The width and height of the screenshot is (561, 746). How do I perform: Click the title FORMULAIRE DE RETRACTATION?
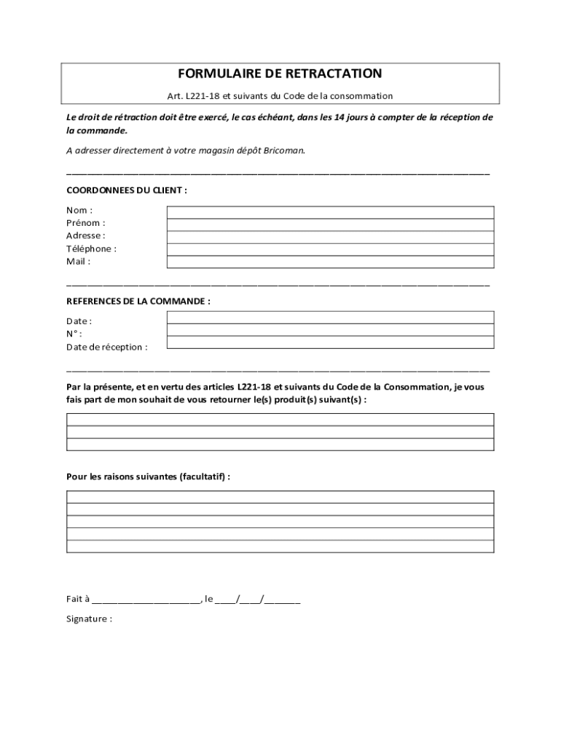pyautogui.click(x=280, y=74)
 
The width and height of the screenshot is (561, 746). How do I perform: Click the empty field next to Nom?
pyautogui.click(x=330, y=212)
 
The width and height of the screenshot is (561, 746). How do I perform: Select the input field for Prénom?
pyautogui.click(x=330, y=224)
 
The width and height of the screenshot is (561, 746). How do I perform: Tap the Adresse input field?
pyautogui.click(x=330, y=237)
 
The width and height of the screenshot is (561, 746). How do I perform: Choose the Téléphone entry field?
pyautogui.click(x=330, y=249)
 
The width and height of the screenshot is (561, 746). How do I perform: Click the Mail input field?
pyautogui.click(x=330, y=262)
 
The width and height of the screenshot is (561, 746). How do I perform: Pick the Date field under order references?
pyautogui.click(x=330, y=318)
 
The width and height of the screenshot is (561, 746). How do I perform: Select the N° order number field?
pyautogui.click(x=330, y=330)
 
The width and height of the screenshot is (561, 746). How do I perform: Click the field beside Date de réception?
pyautogui.click(x=330, y=342)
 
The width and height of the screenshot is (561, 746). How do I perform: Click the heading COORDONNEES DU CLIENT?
pyautogui.click(x=127, y=190)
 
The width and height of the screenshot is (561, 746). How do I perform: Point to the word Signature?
pyautogui.click(x=87, y=619)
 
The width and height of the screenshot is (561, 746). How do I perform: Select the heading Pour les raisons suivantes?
pyautogui.click(x=148, y=476)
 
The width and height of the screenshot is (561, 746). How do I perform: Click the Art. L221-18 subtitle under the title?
pyautogui.click(x=280, y=95)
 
